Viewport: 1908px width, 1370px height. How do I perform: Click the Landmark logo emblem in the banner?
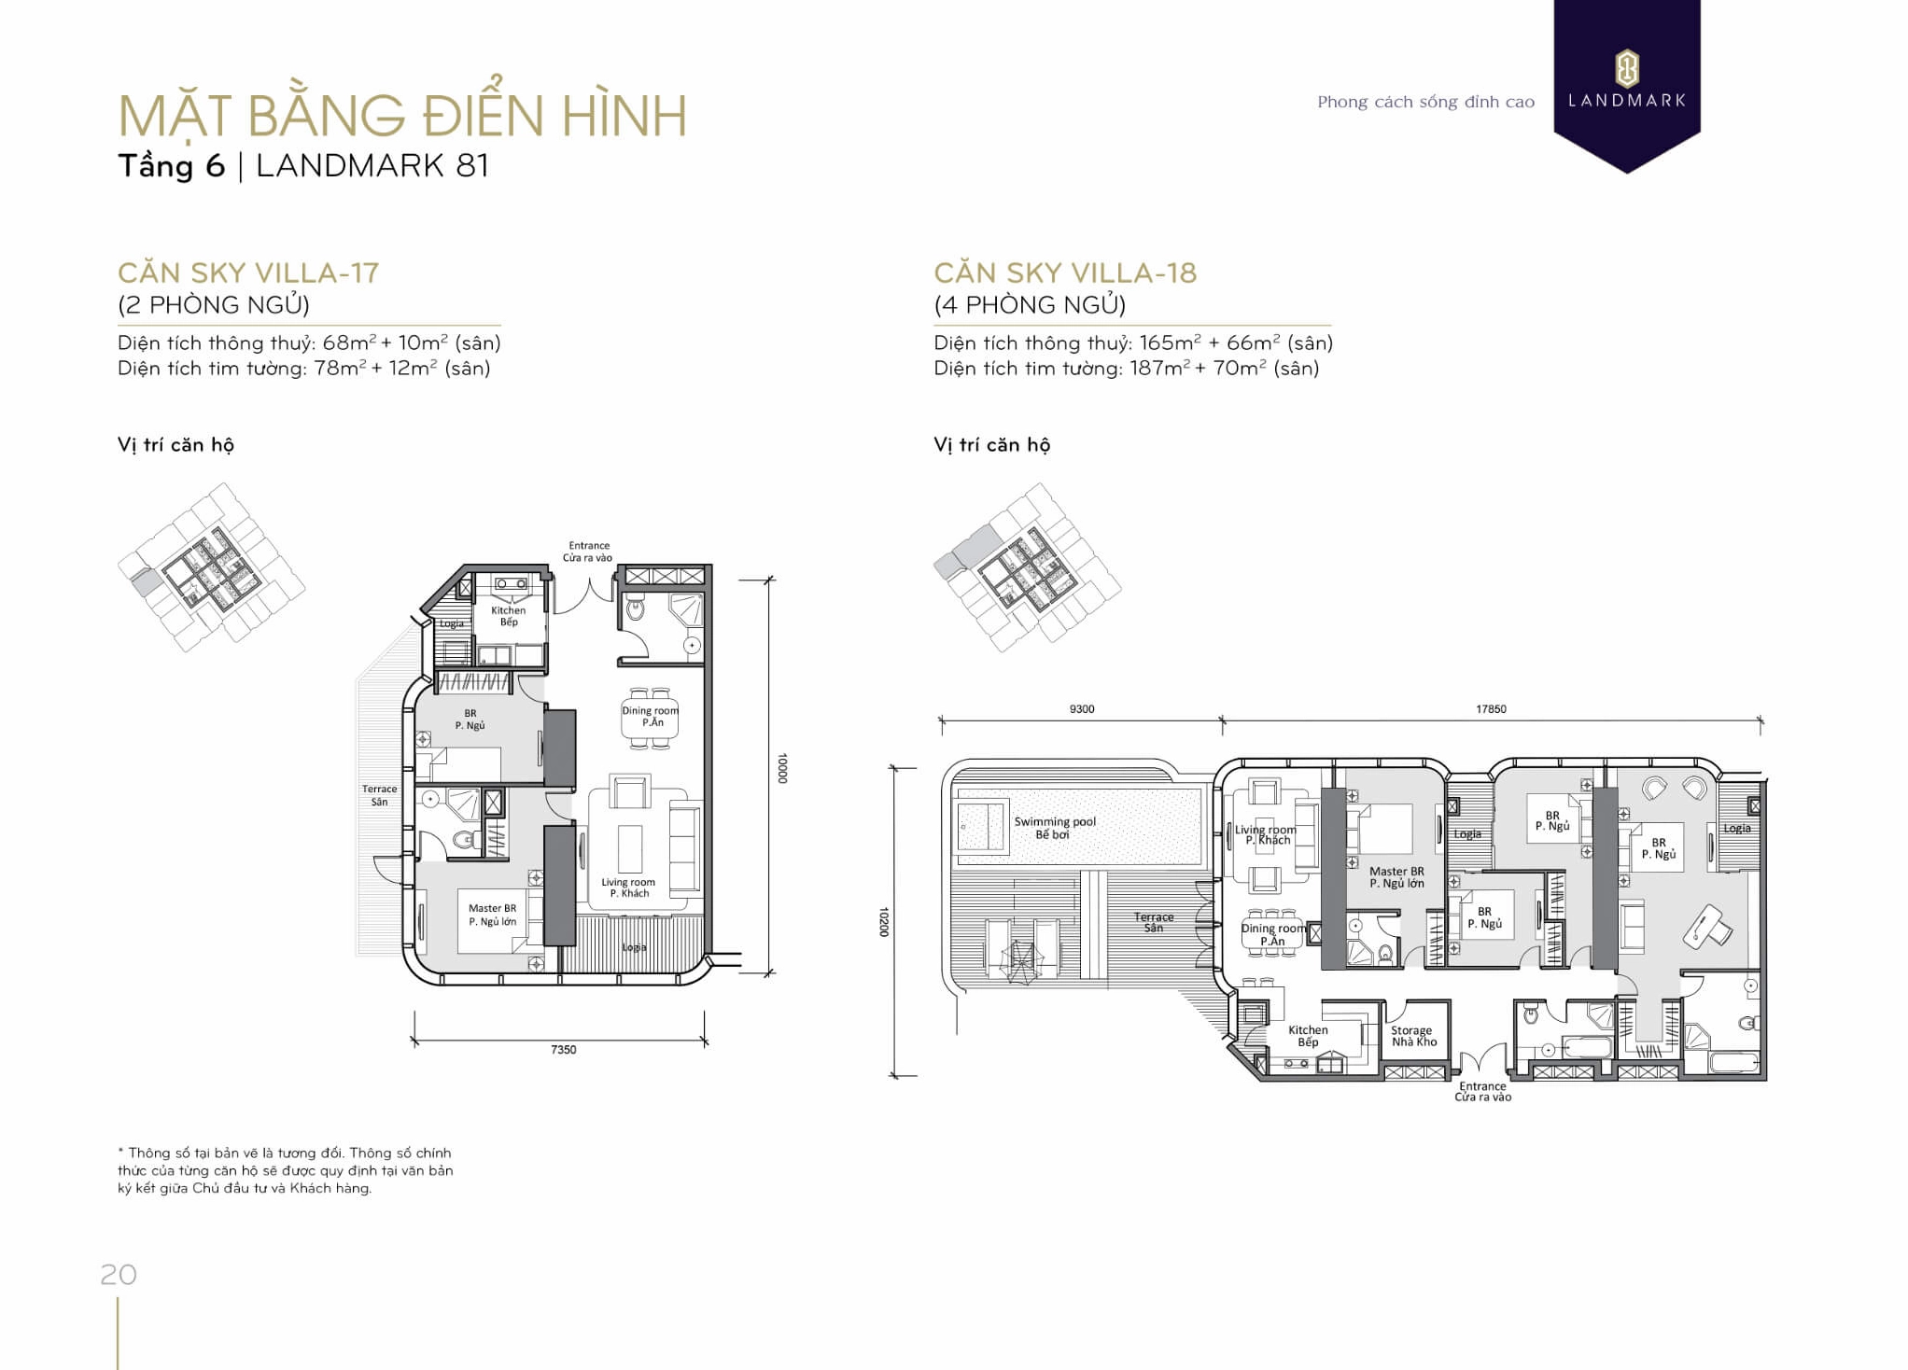pos(1626,68)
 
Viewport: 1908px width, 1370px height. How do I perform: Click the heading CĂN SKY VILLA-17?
pos(248,273)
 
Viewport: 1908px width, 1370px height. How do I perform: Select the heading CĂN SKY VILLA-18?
pos(1064,273)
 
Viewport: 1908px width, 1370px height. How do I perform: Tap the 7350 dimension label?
pos(563,1050)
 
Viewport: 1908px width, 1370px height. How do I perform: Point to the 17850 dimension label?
pos(1491,709)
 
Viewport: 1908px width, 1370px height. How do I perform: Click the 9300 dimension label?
pos(1081,709)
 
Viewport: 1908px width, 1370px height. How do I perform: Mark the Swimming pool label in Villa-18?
pos(1054,828)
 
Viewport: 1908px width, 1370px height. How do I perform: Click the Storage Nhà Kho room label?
pos(1413,1036)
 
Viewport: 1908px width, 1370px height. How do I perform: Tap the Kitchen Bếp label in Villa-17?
pos(508,616)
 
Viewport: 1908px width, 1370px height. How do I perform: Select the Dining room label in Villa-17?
pos(651,716)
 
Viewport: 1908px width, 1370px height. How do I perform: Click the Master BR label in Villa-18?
pos(1396,876)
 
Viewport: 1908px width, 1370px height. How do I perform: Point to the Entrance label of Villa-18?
pos(1482,1091)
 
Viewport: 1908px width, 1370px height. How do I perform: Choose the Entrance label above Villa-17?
pos(588,552)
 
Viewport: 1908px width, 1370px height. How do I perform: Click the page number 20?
pos(119,1275)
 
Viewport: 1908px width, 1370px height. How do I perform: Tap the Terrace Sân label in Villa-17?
pos(379,795)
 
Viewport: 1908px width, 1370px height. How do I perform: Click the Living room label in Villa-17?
pos(628,888)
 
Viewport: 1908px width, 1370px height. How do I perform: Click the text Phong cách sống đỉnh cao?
pos(1425,102)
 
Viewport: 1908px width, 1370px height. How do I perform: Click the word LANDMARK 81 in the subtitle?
pos(372,166)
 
